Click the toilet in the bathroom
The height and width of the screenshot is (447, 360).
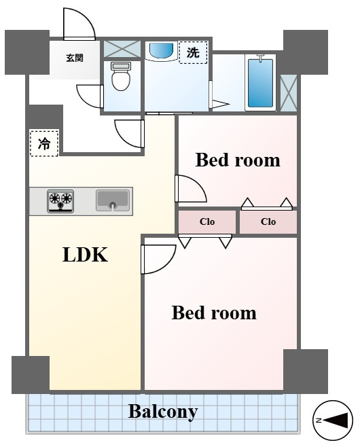pos(121,76)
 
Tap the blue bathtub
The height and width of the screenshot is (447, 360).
pos(260,83)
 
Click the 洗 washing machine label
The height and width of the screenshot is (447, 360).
pos(193,52)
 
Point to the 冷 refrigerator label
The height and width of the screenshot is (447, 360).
pos(44,143)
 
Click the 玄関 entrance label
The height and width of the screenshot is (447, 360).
pos(75,58)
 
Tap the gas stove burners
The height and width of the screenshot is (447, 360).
pos(60,201)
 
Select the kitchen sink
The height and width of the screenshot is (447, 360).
pos(113,200)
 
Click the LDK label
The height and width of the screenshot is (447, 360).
pos(85,255)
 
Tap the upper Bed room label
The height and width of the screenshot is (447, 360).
pos(238,160)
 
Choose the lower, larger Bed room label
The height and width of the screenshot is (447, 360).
pos(214,312)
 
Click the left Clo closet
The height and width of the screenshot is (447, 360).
pos(207,221)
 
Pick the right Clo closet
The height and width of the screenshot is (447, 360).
pos(268,221)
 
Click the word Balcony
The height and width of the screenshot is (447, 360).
pos(163,412)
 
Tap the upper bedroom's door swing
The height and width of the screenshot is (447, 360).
pos(197,184)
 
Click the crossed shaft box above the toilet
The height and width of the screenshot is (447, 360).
pos(122,49)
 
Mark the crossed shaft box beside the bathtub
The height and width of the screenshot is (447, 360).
pos(289,93)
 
